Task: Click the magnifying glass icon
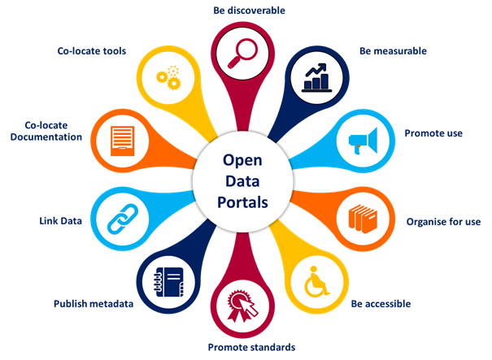click(x=242, y=53)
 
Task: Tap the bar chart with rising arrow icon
click(x=317, y=78)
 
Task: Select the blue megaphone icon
click(x=363, y=141)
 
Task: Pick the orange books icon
click(x=363, y=219)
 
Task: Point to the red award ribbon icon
click(x=242, y=306)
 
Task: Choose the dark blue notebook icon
click(x=169, y=282)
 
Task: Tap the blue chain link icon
click(x=123, y=219)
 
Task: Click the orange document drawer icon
click(x=123, y=141)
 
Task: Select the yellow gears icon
click(x=169, y=78)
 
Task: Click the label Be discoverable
click(x=249, y=11)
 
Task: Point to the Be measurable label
click(x=393, y=51)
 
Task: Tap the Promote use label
click(x=433, y=133)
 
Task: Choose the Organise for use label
click(x=443, y=222)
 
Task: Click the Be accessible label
click(x=381, y=304)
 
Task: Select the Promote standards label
click(x=251, y=347)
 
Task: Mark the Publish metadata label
click(x=94, y=304)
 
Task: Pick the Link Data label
click(x=60, y=221)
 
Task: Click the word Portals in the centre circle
click(x=242, y=202)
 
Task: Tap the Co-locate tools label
click(x=92, y=51)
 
